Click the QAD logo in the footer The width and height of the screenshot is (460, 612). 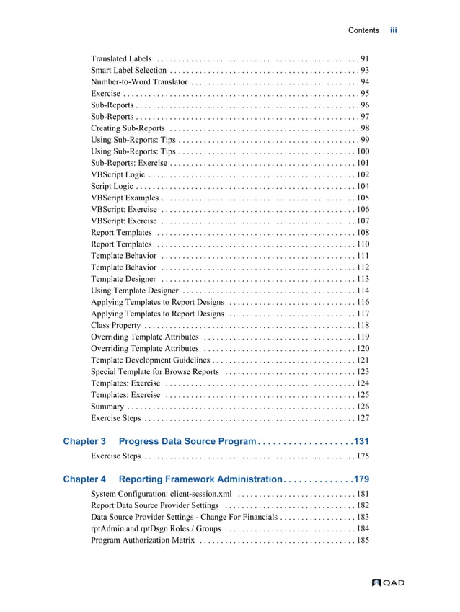click(x=388, y=582)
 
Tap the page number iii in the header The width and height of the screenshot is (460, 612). click(x=394, y=30)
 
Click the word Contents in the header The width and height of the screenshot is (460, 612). click(x=363, y=30)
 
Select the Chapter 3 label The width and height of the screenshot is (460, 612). click(x=84, y=441)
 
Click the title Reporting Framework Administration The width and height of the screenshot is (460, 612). click(x=200, y=479)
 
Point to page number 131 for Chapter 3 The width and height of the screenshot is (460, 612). click(x=360, y=441)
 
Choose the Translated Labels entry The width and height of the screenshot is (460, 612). click(x=121, y=58)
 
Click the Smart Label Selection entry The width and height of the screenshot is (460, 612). click(x=129, y=70)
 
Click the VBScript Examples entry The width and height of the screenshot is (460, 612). click(x=125, y=198)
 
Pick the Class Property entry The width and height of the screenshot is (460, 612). click(x=116, y=325)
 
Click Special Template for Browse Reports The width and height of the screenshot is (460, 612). click(x=155, y=372)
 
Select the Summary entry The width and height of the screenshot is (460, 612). click(x=108, y=407)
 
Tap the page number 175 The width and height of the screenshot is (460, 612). click(x=363, y=456)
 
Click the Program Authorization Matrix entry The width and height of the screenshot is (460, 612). click(x=143, y=541)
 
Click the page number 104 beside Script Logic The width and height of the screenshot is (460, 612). click(x=363, y=186)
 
